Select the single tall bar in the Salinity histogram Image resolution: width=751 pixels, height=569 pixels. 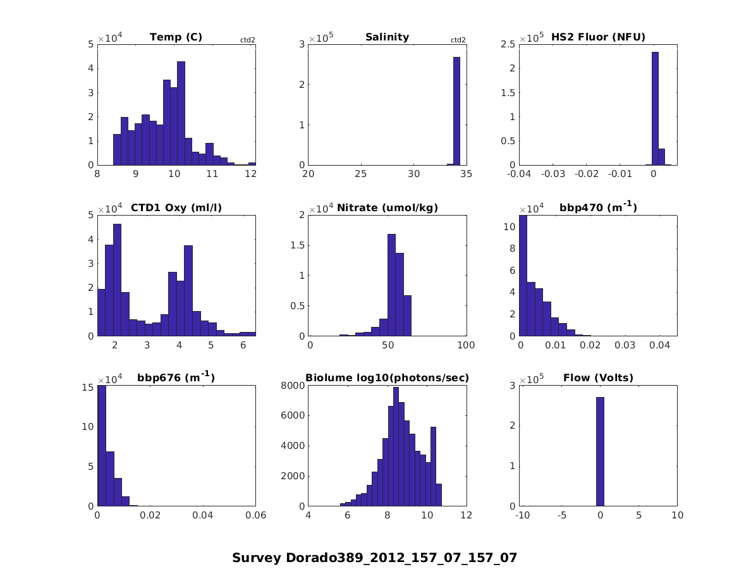point(456,111)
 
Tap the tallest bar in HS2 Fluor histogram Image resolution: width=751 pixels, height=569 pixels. point(655,109)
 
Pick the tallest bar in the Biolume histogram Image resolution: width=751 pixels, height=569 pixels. point(396,446)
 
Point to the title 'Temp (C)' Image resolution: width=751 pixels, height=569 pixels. point(176,37)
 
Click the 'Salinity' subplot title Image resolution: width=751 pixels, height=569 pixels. point(387,37)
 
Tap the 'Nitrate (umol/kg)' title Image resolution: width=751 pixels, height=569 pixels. point(387,207)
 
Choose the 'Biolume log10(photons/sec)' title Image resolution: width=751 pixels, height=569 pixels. point(387,378)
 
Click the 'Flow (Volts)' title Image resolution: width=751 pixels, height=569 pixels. point(598,378)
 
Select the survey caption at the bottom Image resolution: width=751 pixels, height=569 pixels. point(375,558)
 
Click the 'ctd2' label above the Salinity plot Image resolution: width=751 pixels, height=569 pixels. point(458,40)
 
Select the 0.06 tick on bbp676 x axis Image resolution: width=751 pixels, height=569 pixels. point(255,516)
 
